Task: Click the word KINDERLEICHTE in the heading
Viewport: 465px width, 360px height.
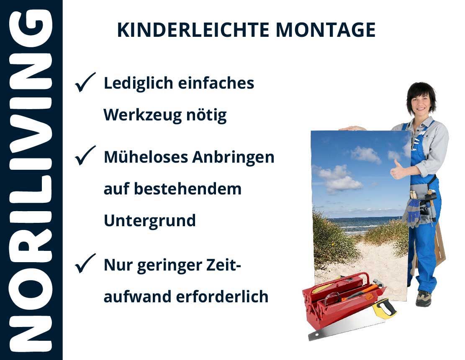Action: [193, 30]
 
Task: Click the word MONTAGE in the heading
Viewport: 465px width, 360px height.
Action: [326, 30]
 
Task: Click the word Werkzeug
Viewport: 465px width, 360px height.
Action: [142, 115]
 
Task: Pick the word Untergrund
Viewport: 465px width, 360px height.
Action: [150, 221]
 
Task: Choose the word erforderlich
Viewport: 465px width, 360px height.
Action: [222, 296]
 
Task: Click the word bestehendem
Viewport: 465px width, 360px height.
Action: [188, 189]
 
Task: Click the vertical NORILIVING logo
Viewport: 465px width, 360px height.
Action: [31, 180]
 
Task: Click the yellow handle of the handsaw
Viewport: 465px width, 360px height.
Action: [384, 308]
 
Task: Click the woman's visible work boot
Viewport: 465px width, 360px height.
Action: [423, 298]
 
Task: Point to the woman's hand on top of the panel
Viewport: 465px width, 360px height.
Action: [352, 128]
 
